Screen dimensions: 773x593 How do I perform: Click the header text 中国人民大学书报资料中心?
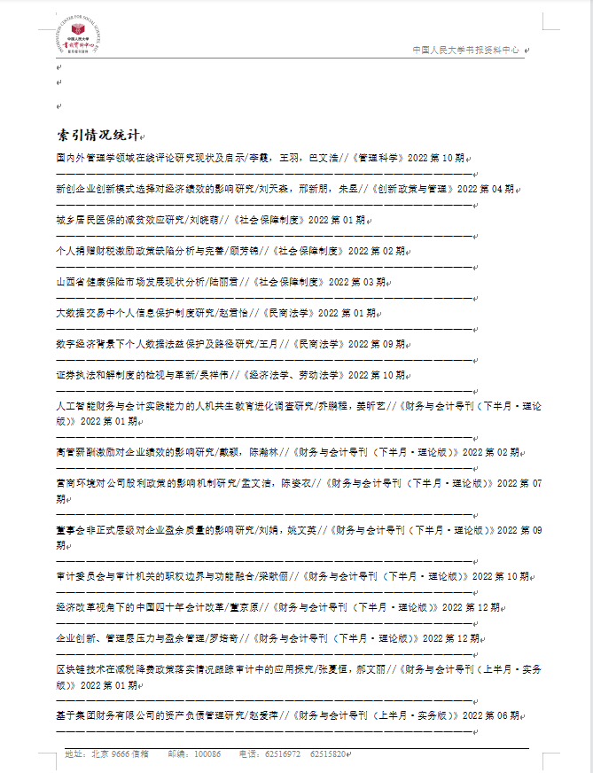click(x=467, y=51)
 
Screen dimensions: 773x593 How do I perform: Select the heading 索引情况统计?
click(x=97, y=135)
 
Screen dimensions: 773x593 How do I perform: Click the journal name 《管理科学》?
click(x=377, y=159)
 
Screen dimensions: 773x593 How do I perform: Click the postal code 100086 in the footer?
click(x=207, y=754)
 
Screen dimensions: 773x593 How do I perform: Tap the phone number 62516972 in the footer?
click(x=283, y=754)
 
